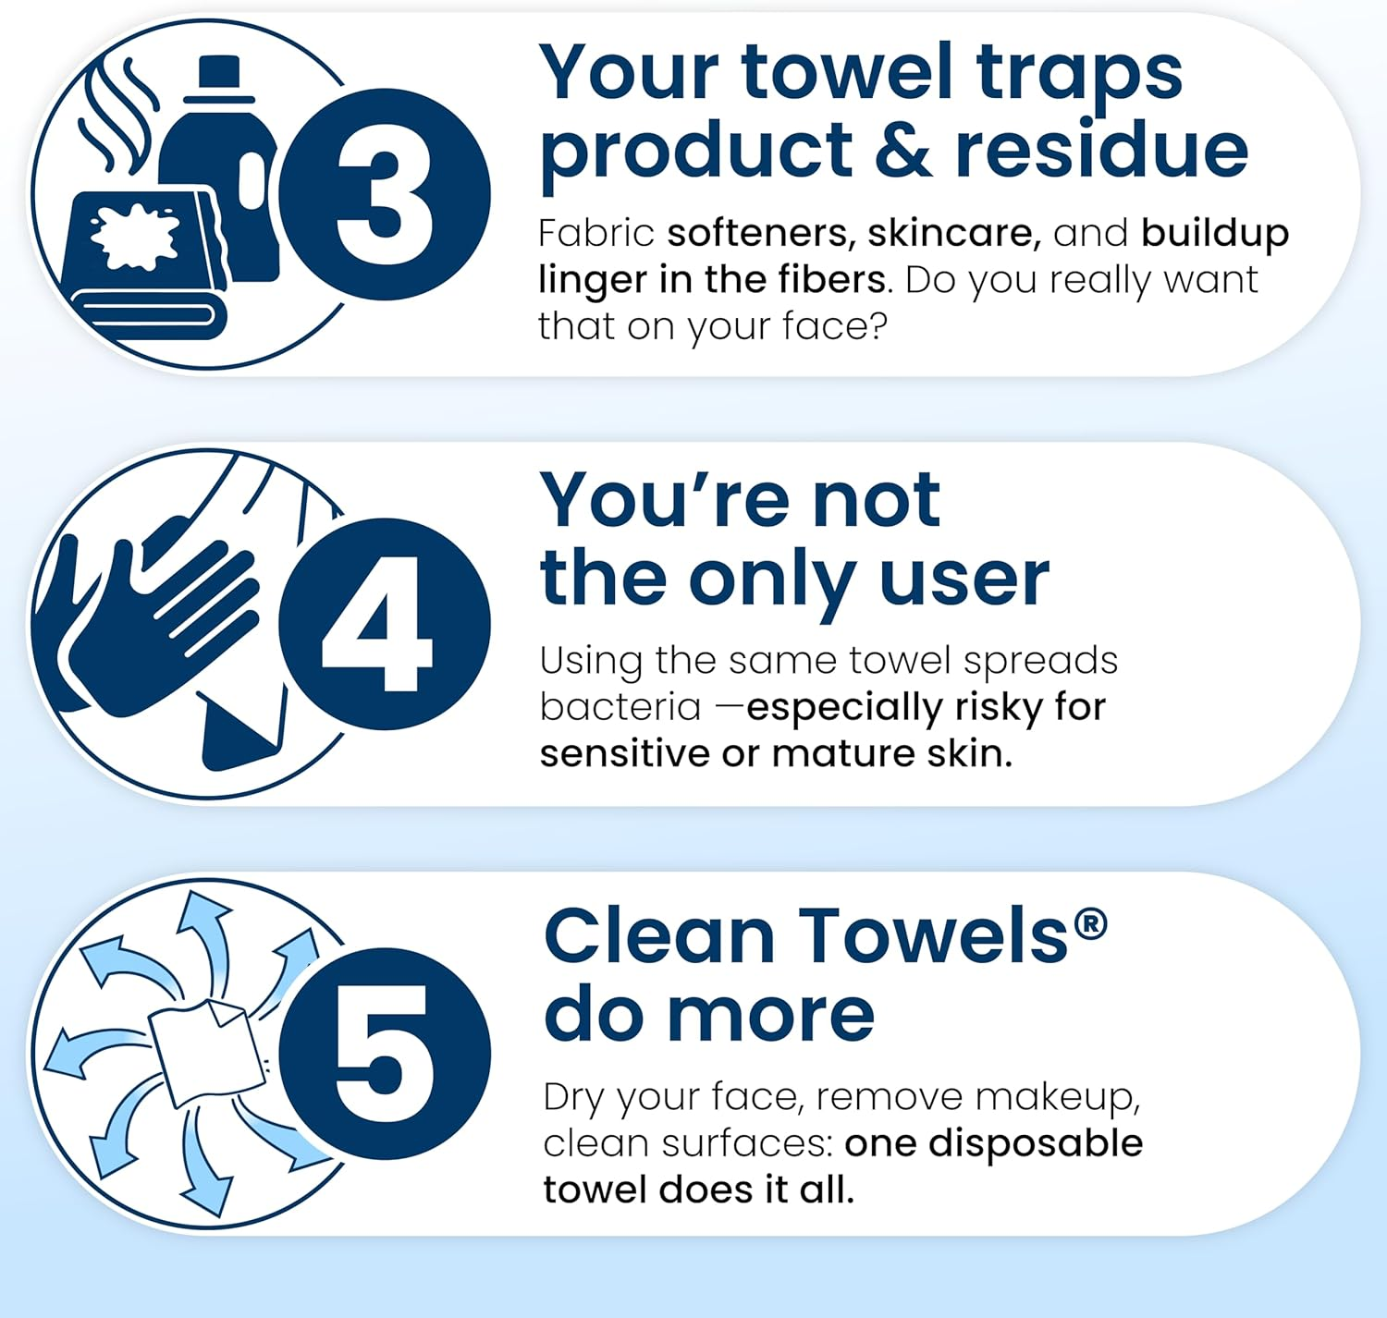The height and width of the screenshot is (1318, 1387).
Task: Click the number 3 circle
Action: pos(385,194)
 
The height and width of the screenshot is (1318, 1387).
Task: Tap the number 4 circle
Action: pos(385,624)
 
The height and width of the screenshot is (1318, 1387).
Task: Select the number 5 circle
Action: pos(385,1054)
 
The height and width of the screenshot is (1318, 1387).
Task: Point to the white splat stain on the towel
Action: pos(135,237)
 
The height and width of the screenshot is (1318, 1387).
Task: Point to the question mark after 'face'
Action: pos(878,326)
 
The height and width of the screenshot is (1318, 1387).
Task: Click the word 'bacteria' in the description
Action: pos(620,707)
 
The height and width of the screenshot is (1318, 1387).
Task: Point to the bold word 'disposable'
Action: pos(1036,1143)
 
